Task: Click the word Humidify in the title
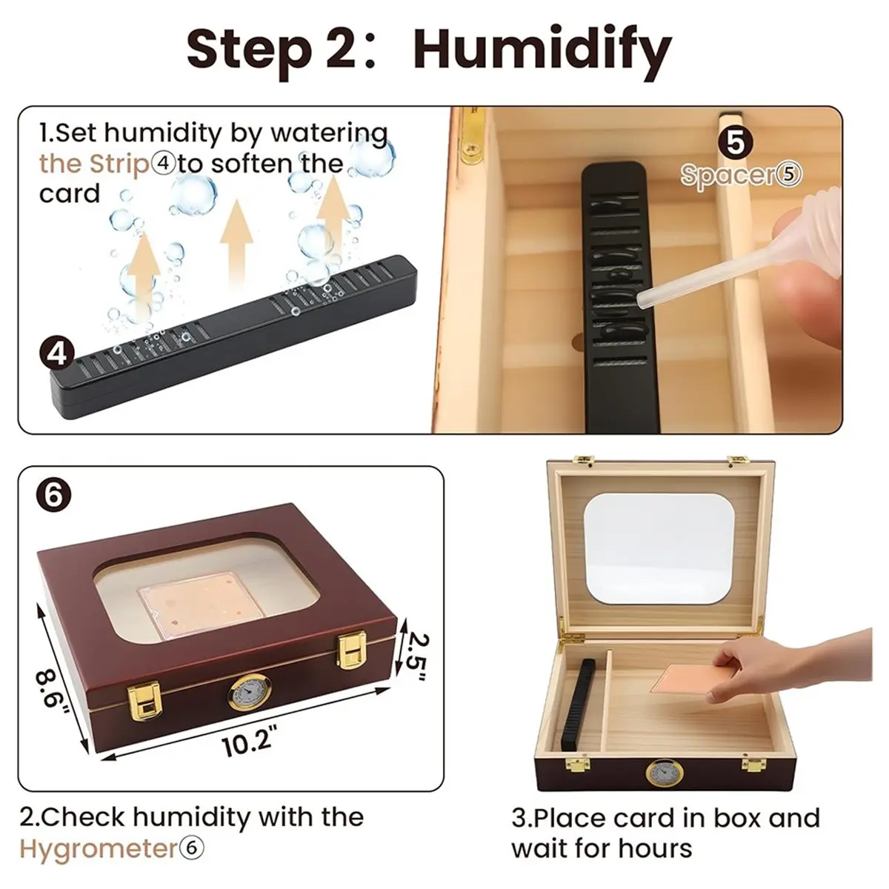tap(542, 53)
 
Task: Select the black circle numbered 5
tap(736, 142)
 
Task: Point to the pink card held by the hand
tap(687, 687)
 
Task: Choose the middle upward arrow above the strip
tap(236, 240)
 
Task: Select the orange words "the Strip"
tap(94, 163)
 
